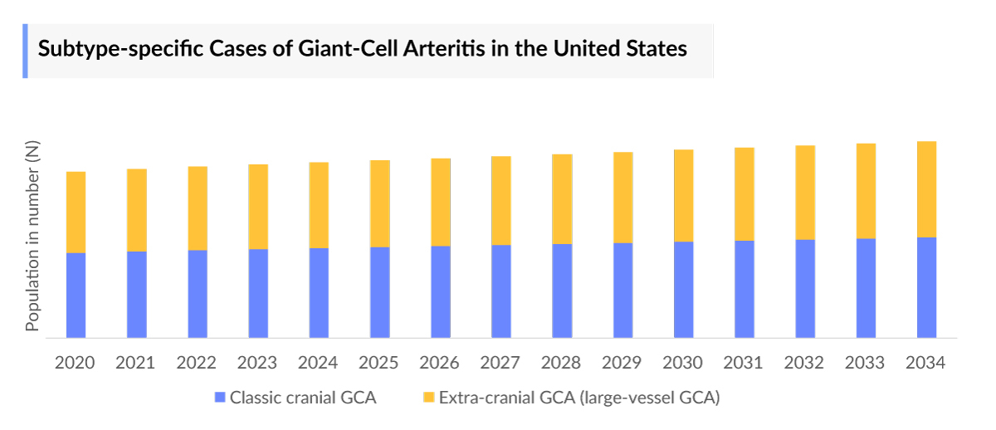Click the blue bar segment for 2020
76,295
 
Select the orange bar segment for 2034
926,189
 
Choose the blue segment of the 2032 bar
805,288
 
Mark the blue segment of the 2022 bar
198,294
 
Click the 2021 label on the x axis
136,363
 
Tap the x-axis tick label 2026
440,363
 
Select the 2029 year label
622,363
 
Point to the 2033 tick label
866,363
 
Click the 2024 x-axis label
319,363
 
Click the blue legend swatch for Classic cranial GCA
220,398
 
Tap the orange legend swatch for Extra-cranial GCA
428,398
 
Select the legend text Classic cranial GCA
303,398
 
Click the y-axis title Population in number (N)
32,237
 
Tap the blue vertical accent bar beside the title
25,51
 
